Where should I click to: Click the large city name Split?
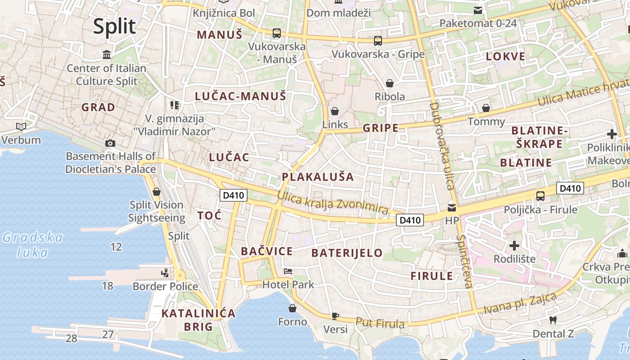(x=114, y=27)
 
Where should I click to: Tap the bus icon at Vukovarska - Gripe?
(x=378, y=41)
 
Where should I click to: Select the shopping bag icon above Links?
(x=335, y=111)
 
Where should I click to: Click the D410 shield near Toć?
(x=233, y=195)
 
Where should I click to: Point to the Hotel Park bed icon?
(x=288, y=271)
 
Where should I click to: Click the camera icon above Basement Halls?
(x=110, y=144)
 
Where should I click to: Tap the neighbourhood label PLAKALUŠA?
(x=318, y=177)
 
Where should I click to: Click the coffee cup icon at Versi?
(x=335, y=316)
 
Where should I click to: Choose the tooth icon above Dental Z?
(x=553, y=320)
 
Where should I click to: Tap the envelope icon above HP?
(x=451, y=207)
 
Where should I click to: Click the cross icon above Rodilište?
(x=514, y=246)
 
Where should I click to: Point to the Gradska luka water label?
(x=32, y=244)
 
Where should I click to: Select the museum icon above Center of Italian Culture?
(x=107, y=55)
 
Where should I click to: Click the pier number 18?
(x=107, y=286)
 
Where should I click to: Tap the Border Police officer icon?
(x=165, y=273)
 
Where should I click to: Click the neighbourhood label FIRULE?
(x=432, y=276)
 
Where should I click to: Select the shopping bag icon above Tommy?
(x=486, y=108)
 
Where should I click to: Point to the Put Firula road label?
(x=380, y=323)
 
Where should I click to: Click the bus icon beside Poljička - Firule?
(x=540, y=196)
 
